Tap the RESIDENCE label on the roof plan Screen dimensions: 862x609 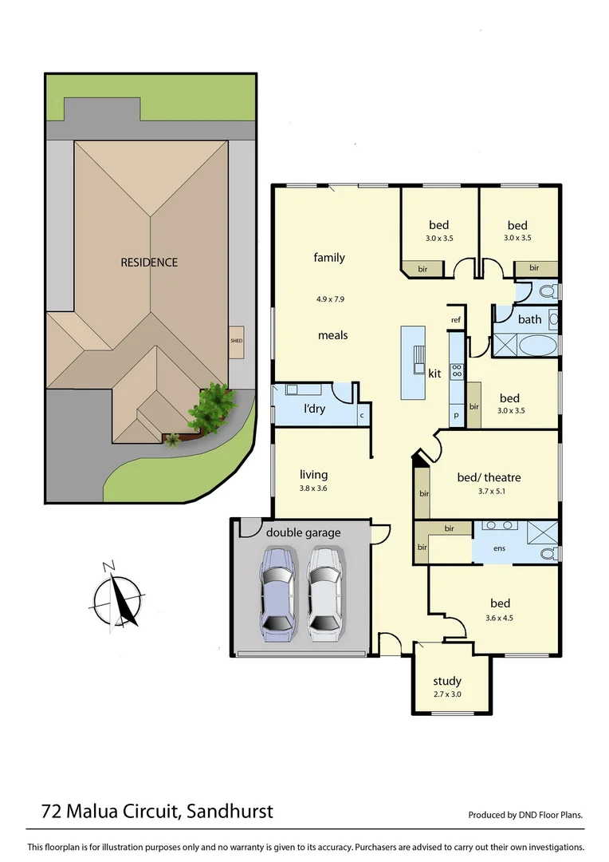tap(149, 262)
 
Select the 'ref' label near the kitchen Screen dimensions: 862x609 tap(456, 319)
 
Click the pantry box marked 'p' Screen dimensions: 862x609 tap(457, 416)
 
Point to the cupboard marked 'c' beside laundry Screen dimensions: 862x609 tap(362, 415)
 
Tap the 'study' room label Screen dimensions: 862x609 tap(447, 681)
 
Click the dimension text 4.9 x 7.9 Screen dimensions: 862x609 tap(329, 299)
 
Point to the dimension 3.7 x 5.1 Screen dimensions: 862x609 tap(489, 492)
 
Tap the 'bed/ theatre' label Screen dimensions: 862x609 tap(489, 477)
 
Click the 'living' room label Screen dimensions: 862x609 tap(314, 474)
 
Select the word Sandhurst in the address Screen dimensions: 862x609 tap(233, 812)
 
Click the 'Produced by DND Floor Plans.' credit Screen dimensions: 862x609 tap(525, 815)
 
